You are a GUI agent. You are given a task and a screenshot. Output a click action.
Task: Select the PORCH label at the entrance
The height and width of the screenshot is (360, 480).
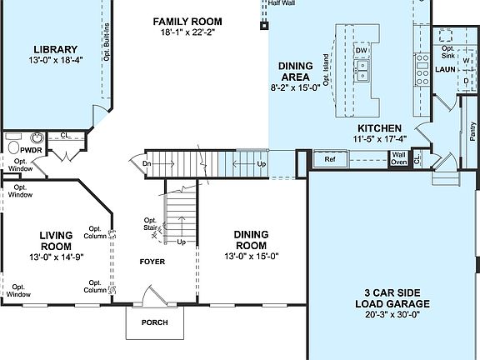(x=154, y=322)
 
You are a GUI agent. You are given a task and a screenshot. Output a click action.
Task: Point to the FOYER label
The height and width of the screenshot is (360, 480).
(x=152, y=262)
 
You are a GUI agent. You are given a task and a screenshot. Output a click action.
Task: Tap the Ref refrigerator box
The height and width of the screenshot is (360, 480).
(x=329, y=158)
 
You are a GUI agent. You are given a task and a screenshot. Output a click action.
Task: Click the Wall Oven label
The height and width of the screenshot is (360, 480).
(x=399, y=158)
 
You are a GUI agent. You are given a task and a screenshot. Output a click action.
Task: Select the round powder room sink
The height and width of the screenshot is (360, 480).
(x=37, y=138)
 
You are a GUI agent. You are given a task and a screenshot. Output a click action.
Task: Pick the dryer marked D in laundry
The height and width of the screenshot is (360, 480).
(x=467, y=81)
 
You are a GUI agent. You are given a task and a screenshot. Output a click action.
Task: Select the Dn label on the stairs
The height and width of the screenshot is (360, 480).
(x=146, y=164)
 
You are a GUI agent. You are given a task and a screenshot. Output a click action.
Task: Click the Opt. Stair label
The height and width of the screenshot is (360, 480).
(x=151, y=224)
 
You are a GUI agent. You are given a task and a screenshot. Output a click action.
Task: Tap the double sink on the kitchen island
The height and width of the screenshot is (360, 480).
(x=362, y=75)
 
